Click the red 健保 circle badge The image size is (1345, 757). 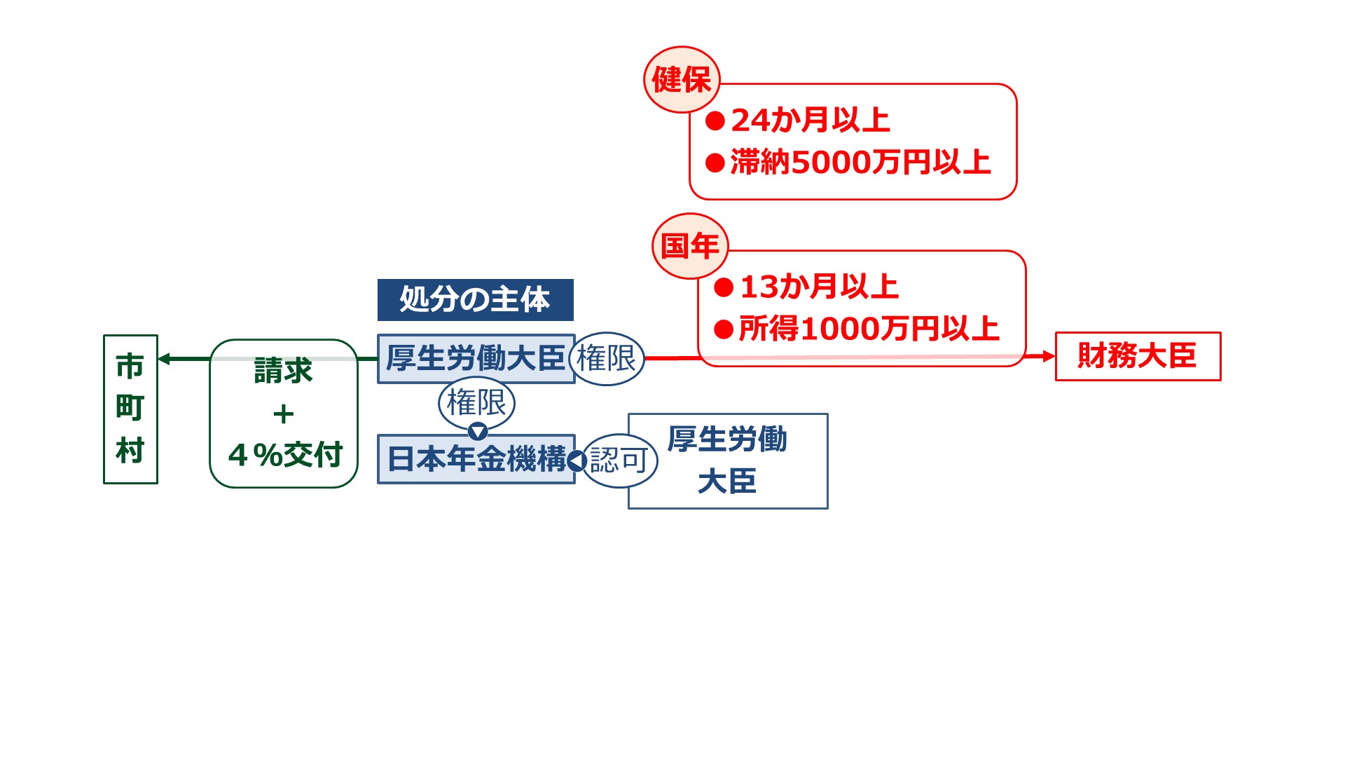pyautogui.click(x=682, y=79)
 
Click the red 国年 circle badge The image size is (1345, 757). pyautogui.click(x=690, y=246)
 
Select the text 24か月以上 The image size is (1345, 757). pyautogui.click(x=811, y=121)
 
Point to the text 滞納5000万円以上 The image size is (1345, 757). pyautogui.click(x=860, y=163)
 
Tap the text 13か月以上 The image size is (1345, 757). pyautogui.click(x=819, y=287)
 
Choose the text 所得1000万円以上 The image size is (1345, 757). pyautogui.click(x=869, y=329)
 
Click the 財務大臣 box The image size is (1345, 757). pyautogui.click(x=1138, y=356)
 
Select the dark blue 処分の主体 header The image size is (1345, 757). pyautogui.click(x=475, y=299)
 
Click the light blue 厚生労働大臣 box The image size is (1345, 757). pyautogui.click(x=475, y=359)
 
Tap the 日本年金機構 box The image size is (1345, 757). pyautogui.click(x=475, y=459)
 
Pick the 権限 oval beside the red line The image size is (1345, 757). pyautogui.click(x=606, y=359)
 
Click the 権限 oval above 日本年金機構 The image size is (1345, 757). pyautogui.click(x=476, y=402)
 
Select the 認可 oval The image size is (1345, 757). pyautogui.click(x=619, y=461)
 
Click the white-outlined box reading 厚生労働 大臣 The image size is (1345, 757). pyautogui.click(x=729, y=461)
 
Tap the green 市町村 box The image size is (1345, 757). pyautogui.click(x=130, y=409)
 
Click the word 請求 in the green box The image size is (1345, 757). pyautogui.click(x=283, y=371)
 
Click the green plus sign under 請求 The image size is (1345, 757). pyautogui.click(x=283, y=414)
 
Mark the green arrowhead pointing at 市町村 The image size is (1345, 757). pyautogui.click(x=164, y=359)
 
